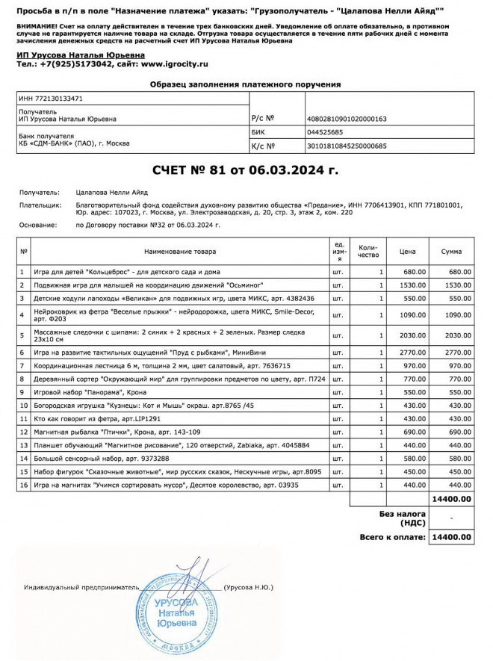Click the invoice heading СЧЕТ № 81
246,170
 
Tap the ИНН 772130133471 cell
51,98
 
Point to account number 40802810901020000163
347,119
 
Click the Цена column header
407,252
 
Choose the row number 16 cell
24,485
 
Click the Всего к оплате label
392,537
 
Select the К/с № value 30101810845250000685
347,146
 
